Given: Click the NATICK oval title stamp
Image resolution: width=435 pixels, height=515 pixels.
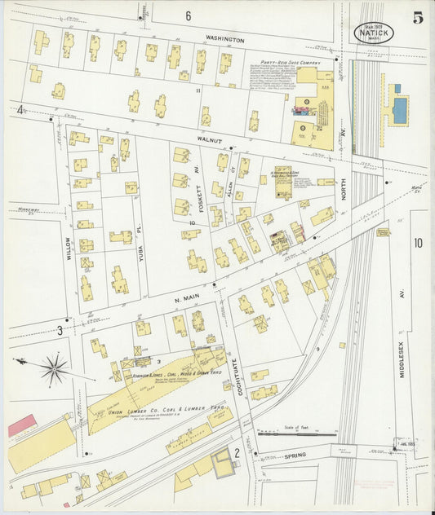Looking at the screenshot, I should click(x=374, y=33).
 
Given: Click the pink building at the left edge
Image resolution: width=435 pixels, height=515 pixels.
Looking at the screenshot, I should click(x=22, y=425).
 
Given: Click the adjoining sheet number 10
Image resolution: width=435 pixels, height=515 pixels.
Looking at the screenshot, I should click(x=418, y=242).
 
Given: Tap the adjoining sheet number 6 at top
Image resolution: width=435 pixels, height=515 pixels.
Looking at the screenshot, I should click(x=188, y=15).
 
